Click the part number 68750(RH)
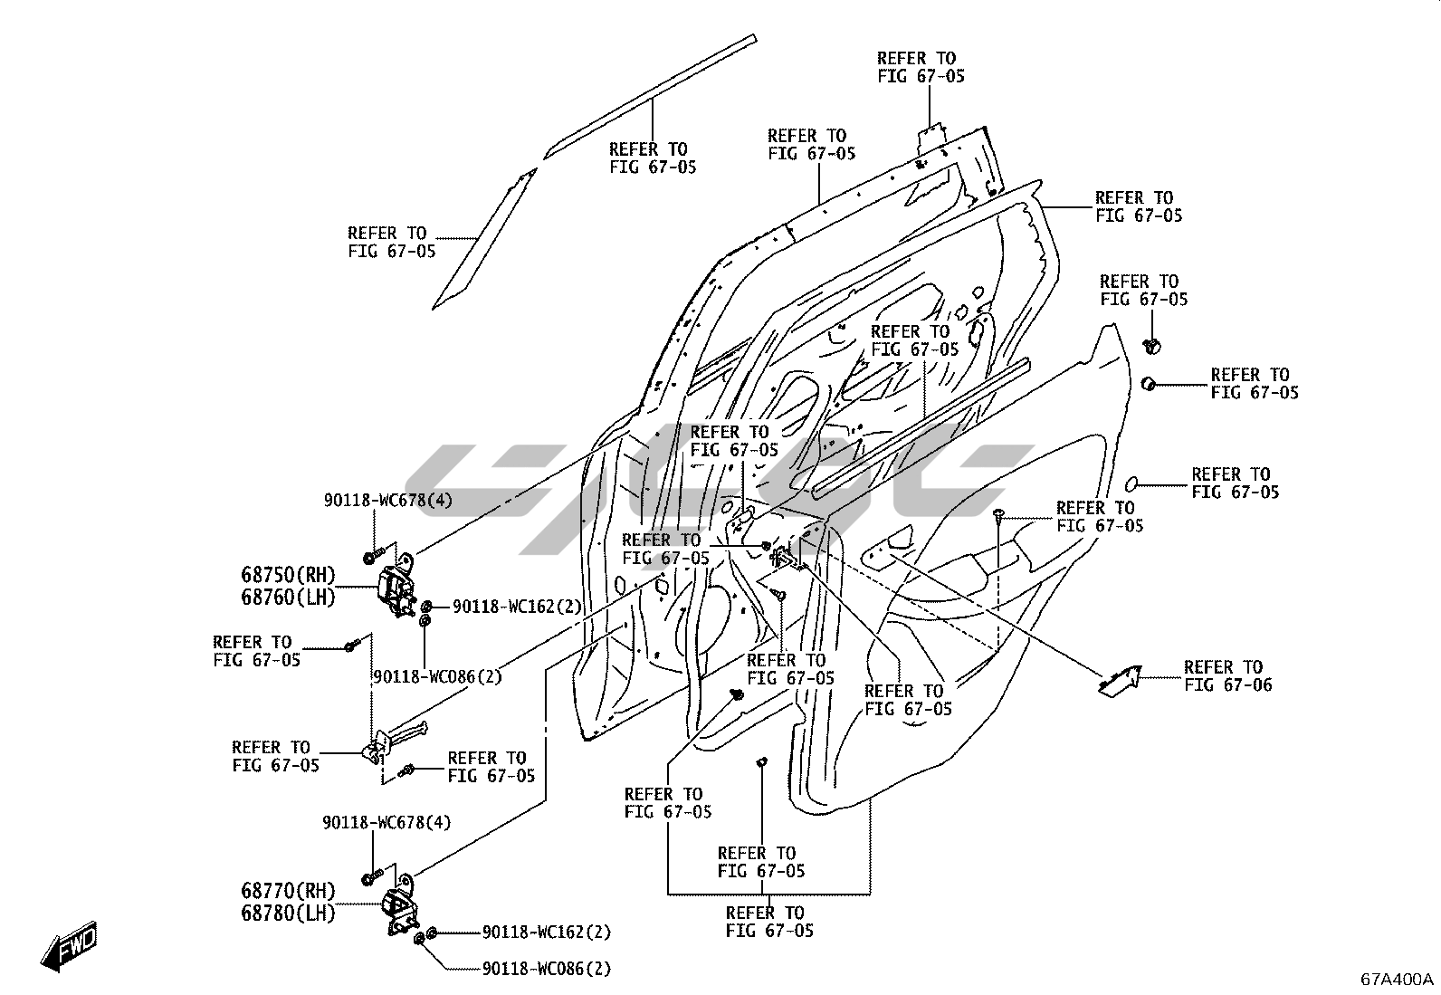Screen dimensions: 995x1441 point(288,575)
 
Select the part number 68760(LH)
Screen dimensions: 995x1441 point(288,598)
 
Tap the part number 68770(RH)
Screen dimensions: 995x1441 point(288,891)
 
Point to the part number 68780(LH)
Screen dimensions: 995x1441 point(288,914)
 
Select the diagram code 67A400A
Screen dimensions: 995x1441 point(1397,980)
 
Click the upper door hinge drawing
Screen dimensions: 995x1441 point(396,588)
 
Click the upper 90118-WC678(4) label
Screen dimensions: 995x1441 point(388,501)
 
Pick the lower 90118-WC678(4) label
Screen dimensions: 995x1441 point(386,823)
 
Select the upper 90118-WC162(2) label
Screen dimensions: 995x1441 point(517,607)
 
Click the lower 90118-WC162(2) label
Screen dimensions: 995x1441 point(547,933)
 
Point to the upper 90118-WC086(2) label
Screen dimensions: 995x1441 point(437,676)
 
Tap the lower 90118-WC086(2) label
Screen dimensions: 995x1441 point(547,970)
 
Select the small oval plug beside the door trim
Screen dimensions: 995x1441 point(1132,481)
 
